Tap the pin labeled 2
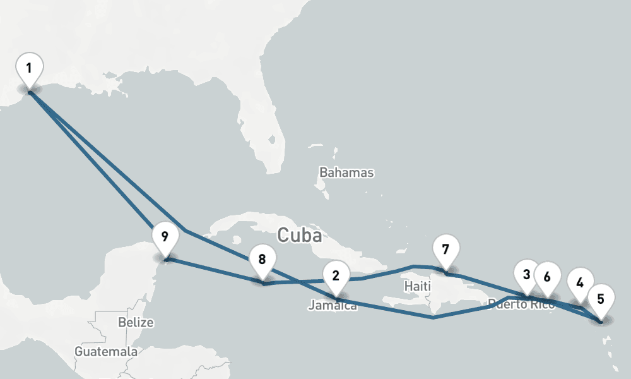point(336,275)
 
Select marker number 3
point(527,275)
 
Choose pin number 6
point(547,277)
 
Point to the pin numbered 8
point(262,260)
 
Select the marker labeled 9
point(165,238)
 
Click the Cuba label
point(300,236)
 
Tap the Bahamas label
point(346,172)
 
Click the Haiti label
point(416,286)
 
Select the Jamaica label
point(333,306)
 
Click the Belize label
point(136,322)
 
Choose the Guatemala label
point(106,351)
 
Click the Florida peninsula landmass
point(265,126)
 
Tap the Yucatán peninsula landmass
point(133,265)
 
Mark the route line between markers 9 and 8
point(215,271)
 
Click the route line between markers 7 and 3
point(486,285)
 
